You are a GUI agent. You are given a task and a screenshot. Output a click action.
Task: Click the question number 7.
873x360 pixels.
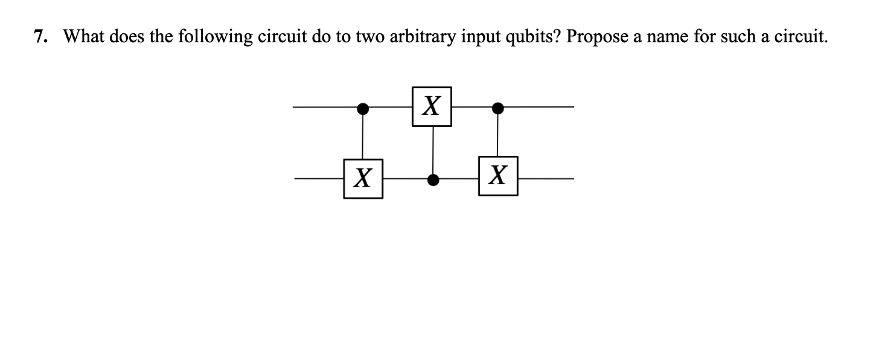click(40, 37)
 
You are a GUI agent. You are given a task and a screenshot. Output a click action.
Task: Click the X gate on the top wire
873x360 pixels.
click(431, 107)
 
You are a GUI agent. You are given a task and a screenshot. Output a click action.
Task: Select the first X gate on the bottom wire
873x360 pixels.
click(362, 179)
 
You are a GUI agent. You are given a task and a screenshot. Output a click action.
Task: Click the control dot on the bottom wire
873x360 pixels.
click(432, 179)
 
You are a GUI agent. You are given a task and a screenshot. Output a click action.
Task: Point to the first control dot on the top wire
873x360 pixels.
click(362, 108)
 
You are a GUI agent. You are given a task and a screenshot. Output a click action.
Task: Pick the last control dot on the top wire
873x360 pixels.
click(497, 108)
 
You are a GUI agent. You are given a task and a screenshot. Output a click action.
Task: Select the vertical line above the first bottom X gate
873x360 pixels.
click(362, 136)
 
